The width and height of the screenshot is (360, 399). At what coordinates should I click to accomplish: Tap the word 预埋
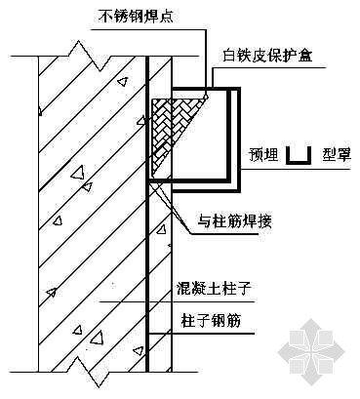[x=260, y=153]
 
